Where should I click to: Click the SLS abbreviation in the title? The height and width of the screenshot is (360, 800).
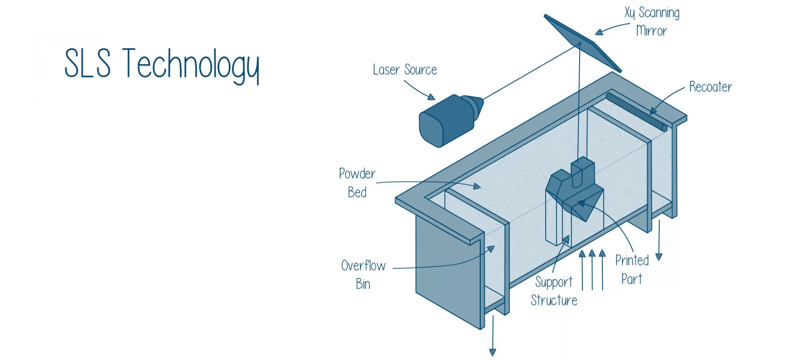click(87, 63)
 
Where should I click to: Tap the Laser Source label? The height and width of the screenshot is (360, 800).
click(405, 70)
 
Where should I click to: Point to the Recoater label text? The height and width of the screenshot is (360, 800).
click(710, 87)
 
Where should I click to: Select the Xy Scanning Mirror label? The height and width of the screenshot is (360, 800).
click(652, 22)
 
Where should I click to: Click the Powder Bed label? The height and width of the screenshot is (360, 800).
click(357, 183)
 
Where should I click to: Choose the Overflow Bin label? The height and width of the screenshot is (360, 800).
click(363, 275)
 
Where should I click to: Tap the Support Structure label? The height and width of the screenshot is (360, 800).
click(554, 291)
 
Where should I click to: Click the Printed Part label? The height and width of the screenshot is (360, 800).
click(632, 270)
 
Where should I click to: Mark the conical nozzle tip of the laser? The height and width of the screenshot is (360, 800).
click(475, 106)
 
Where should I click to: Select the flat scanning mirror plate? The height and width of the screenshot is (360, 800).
click(583, 43)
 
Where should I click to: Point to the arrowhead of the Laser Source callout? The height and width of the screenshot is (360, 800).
click(432, 97)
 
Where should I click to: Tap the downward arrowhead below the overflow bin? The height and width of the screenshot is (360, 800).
click(492, 352)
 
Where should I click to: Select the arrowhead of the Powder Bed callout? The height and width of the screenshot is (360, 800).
click(477, 187)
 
